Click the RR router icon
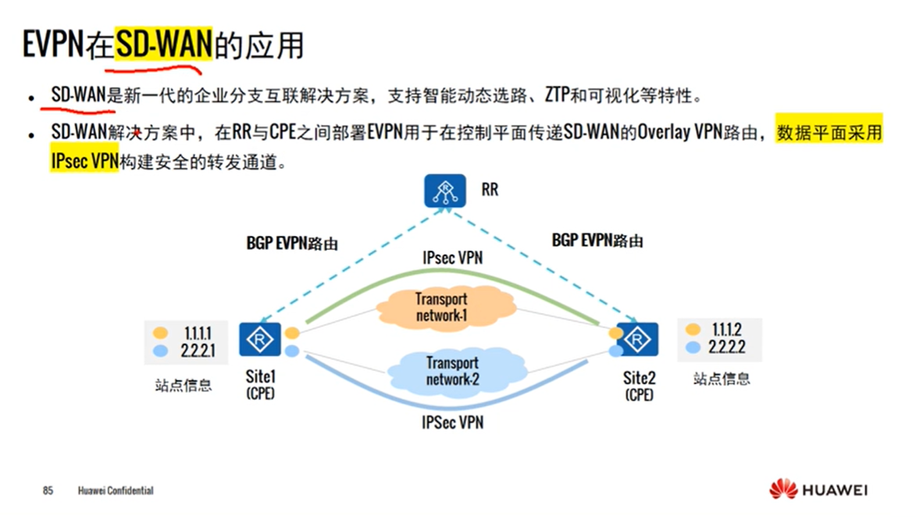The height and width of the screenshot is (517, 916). [x=445, y=191]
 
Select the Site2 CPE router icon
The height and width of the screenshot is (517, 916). [x=638, y=340]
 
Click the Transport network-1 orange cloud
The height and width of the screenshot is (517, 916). [x=441, y=306]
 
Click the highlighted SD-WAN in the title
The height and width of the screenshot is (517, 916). [x=163, y=45]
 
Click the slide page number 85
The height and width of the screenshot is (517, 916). [x=48, y=490]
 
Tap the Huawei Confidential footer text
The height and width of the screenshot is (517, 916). [x=116, y=490]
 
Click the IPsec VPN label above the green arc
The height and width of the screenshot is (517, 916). [x=452, y=256]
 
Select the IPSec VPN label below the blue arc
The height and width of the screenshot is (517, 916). [x=452, y=423]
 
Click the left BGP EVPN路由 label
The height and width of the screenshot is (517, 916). [x=292, y=244]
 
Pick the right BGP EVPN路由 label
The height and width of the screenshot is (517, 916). [x=597, y=240]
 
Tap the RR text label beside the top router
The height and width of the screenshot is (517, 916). [x=490, y=190]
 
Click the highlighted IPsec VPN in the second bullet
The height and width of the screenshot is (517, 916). [x=84, y=160]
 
